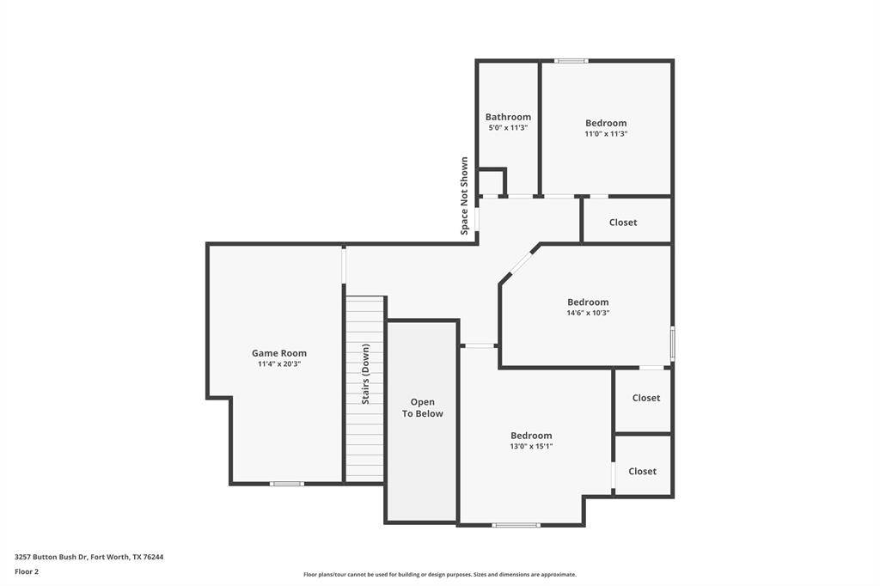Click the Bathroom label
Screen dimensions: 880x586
click(x=508, y=117)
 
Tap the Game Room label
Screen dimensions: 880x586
click(x=279, y=353)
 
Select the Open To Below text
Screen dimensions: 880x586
click(x=422, y=407)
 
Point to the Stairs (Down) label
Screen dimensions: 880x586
click(x=365, y=374)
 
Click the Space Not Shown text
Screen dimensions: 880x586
click(x=464, y=196)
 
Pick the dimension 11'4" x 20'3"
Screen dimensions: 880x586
click(x=279, y=363)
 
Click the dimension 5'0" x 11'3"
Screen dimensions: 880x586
click(x=508, y=127)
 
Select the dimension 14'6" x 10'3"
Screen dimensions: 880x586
click(x=588, y=313)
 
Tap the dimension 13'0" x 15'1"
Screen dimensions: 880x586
click(x=531, y=446)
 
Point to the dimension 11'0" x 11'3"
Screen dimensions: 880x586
click(x=606, y=133)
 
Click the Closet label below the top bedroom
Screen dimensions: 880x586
click(x=623, y=223)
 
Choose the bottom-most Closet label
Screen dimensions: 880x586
click(x=642, y=472)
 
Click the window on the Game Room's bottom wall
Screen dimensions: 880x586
click(x=287, y=483)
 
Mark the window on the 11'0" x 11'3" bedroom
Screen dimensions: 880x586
click(x=571, y=61)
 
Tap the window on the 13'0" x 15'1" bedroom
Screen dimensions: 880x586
click(x=516, y=525)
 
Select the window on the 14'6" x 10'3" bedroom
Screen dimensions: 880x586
click(x=672, y=342)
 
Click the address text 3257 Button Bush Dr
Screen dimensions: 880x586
click(x=51, y=557)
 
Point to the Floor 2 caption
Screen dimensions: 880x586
click(x=27, y=571)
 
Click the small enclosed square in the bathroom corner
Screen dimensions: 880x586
click(x=492, y=182)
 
